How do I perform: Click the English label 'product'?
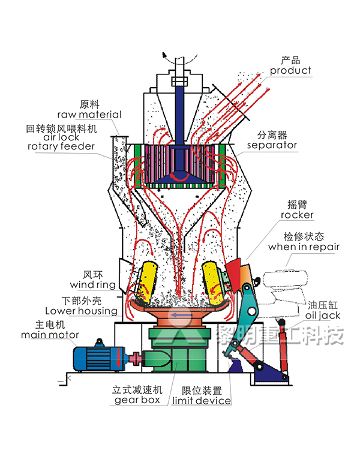[290, 71]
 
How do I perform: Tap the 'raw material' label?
[89, 115]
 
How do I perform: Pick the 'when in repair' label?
[304, 247]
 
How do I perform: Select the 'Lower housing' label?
[82, 311]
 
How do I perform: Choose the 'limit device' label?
[202, 400]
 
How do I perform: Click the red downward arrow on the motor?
[119, 361]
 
